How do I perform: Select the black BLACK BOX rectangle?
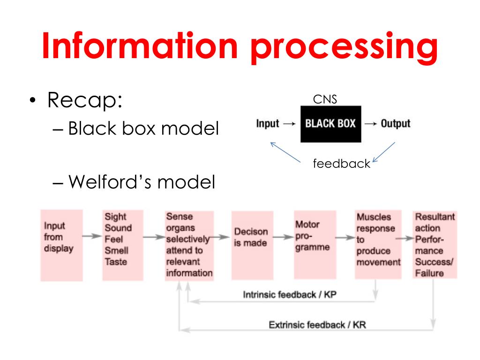click(x=330, y=124)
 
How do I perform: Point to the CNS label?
click(x=324, y=99)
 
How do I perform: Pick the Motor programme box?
click(x=314, y=244)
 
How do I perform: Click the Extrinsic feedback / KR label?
click(x=317, y=325)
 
